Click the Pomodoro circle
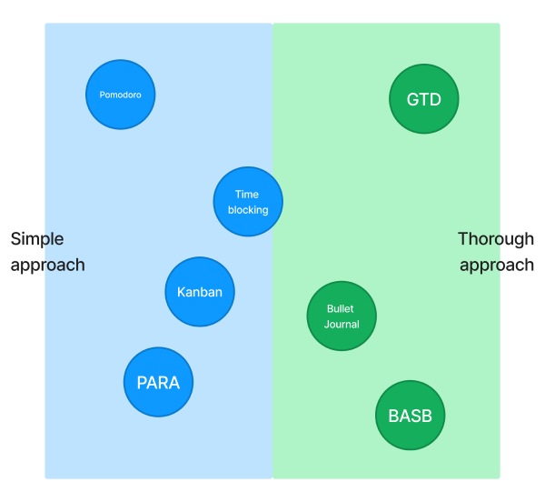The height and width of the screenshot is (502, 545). (x=121, y=95)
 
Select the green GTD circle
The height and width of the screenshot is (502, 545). (x=424, y=99)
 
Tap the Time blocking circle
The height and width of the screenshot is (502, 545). (x=248, y=202)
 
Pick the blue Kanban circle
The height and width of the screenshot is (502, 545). (x=200, y=292)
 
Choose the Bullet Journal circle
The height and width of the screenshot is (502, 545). (x=342, y=316)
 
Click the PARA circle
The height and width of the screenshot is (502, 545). (x=159, y=382)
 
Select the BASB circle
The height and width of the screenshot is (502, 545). (x=411, y=416)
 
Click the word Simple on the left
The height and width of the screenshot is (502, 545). (x=37, y=239)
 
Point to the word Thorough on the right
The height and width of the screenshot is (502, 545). (x=496, y=239)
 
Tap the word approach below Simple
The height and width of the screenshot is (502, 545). (x=47, y=265)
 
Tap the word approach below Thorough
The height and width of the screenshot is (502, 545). (x=496, y=265)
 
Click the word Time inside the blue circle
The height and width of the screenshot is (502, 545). (x=247, y=194)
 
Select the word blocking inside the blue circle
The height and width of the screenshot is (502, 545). (x=248, y=210)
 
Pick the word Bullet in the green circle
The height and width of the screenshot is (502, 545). (x=341, y=308)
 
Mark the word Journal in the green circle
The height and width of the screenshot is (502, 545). (x=342, y=325)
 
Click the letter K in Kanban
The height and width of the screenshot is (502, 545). (x=181, y=292)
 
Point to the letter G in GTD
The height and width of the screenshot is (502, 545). (x=412, y=99)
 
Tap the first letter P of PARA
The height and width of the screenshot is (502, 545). (x=141, y=382)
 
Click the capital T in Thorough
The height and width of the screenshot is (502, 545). (x=462, y=239)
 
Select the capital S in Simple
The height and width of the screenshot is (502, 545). (x=15, y=239)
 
